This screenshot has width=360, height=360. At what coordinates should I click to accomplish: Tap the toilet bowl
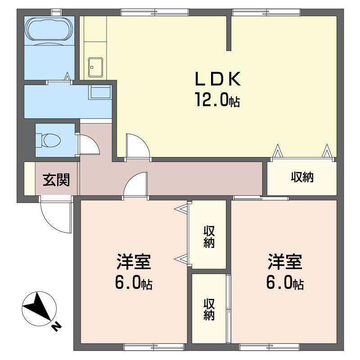pos(48,140)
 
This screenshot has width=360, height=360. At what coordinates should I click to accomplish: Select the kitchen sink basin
pos(95,67)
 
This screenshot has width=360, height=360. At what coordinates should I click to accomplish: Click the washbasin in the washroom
pos(100,92)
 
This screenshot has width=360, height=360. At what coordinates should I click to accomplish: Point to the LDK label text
pos(218,79)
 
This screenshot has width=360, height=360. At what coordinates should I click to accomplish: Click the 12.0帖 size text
pos(218,99)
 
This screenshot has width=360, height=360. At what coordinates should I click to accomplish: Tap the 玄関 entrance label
pos(56,180)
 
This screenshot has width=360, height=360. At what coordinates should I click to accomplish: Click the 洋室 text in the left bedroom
pos(134,262)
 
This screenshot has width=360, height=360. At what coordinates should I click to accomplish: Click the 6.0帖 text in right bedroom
pos(285,283)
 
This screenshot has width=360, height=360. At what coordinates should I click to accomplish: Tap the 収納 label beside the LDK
pos(302,177)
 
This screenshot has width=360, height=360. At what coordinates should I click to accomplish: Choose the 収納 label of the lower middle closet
pos(209,309)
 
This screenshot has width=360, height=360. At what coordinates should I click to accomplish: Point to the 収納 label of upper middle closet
pos(209,237)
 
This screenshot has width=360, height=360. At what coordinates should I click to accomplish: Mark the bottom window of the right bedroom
pos(269,346)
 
